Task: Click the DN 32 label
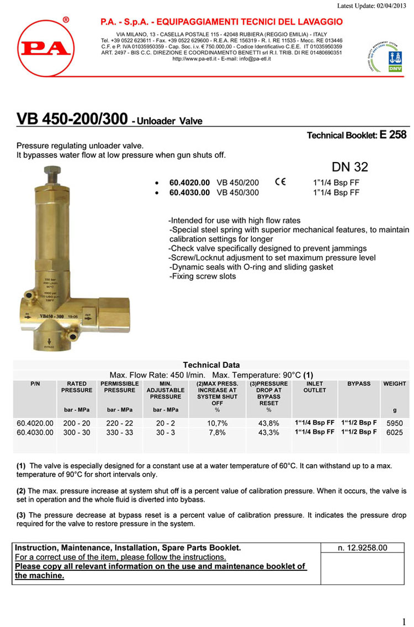[x=349, y=167]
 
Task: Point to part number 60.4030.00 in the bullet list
[x=189, y=192]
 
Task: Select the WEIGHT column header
[x=394, y=384]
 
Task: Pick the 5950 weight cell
[x=394, y=423]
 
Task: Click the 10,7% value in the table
[x=216, y=423]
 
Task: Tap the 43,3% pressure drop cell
[x=268, y=433]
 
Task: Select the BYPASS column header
[x=359, y=384]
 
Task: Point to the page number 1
[x=404, y=621]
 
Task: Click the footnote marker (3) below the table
[x=22, y=515]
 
